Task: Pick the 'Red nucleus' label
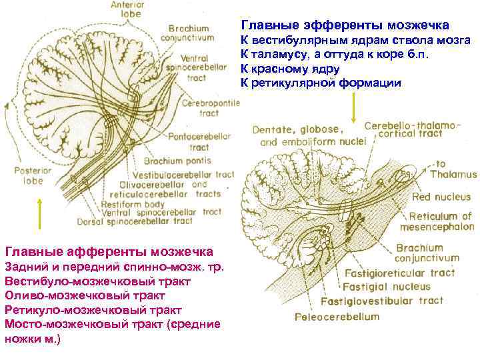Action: click(440, 197)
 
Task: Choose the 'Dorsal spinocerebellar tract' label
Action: click(147, 221)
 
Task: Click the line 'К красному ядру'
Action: click(290, 69)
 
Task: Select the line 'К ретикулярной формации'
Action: click(321, 83)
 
